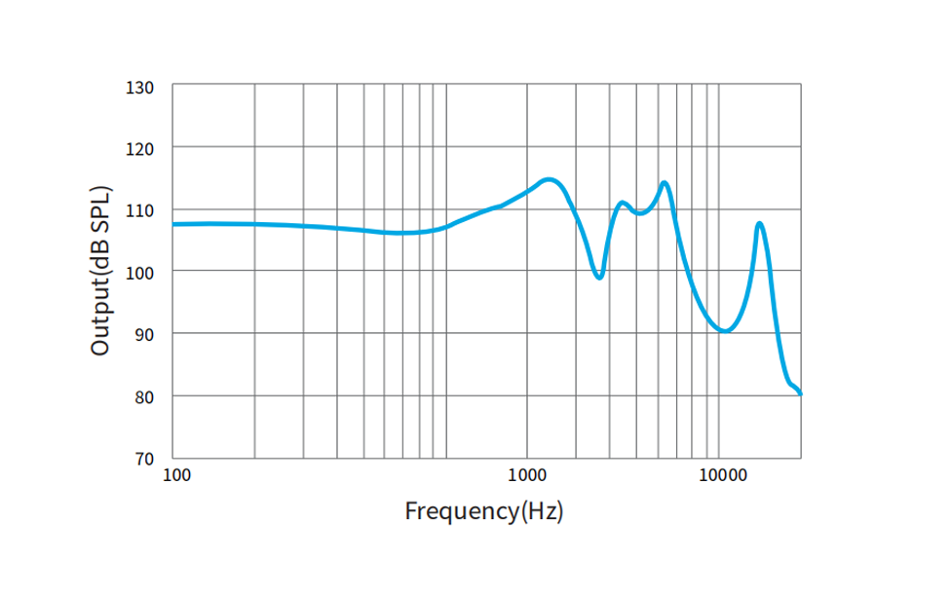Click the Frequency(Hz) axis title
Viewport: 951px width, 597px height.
tap(484, 510)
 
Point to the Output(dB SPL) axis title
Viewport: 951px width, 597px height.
tap(100, 270)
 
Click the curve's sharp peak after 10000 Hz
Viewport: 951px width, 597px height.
tap(759, 224)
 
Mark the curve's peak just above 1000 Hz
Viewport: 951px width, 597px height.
tap(549, 179)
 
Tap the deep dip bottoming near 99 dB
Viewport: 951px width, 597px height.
tap(599, 278)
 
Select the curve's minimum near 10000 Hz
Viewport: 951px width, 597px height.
tap(724, 331)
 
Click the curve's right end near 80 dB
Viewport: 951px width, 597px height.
tap(800, 393)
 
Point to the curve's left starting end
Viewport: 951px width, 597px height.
tap(173, 224)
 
